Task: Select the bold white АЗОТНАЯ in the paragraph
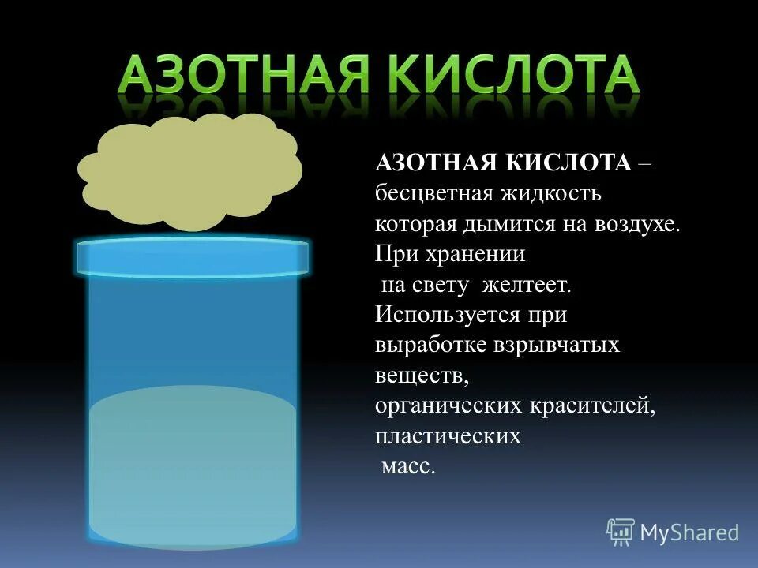pyautogui.click(x=434, y=163)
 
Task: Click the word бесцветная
pyautogui.click(x=434, y=193)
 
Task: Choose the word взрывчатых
pyautogui.click(x=557, y=346)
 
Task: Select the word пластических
pyautogui.click(x=448, y=435)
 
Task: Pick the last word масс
pyautogui.click(x=407, y=466)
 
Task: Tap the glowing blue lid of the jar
pyautogui.click(x=192, y=257)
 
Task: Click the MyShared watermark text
pyautogui.click(x=689, y=533)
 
